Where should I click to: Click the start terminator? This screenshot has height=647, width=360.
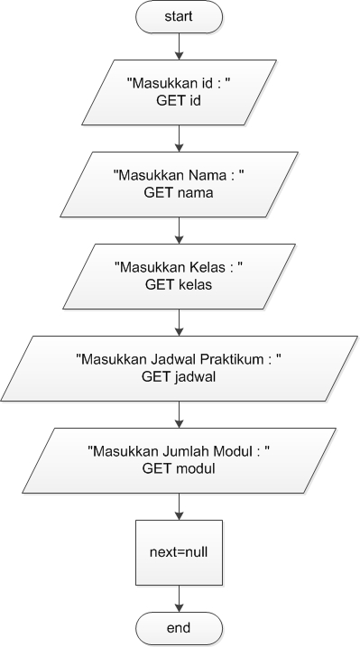[180, 18]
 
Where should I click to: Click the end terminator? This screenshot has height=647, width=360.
[180, 625]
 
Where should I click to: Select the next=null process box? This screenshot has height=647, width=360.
[180, 548]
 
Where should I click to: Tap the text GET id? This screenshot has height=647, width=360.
[180, 101]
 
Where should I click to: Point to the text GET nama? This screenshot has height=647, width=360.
[180, 193]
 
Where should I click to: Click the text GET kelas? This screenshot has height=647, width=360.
[180, 284]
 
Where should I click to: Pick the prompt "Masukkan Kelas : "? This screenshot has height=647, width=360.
[180, 268]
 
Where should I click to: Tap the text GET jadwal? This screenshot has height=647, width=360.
[180, 377]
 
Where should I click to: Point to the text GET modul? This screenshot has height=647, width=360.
[180, 468]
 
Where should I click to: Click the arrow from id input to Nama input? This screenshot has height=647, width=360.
[180, 138]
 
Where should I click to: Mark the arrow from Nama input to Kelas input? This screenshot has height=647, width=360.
[180, 230]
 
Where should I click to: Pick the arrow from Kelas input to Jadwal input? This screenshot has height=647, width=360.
[180, 322]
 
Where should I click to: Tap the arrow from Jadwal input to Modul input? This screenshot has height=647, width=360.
[180, 414]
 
